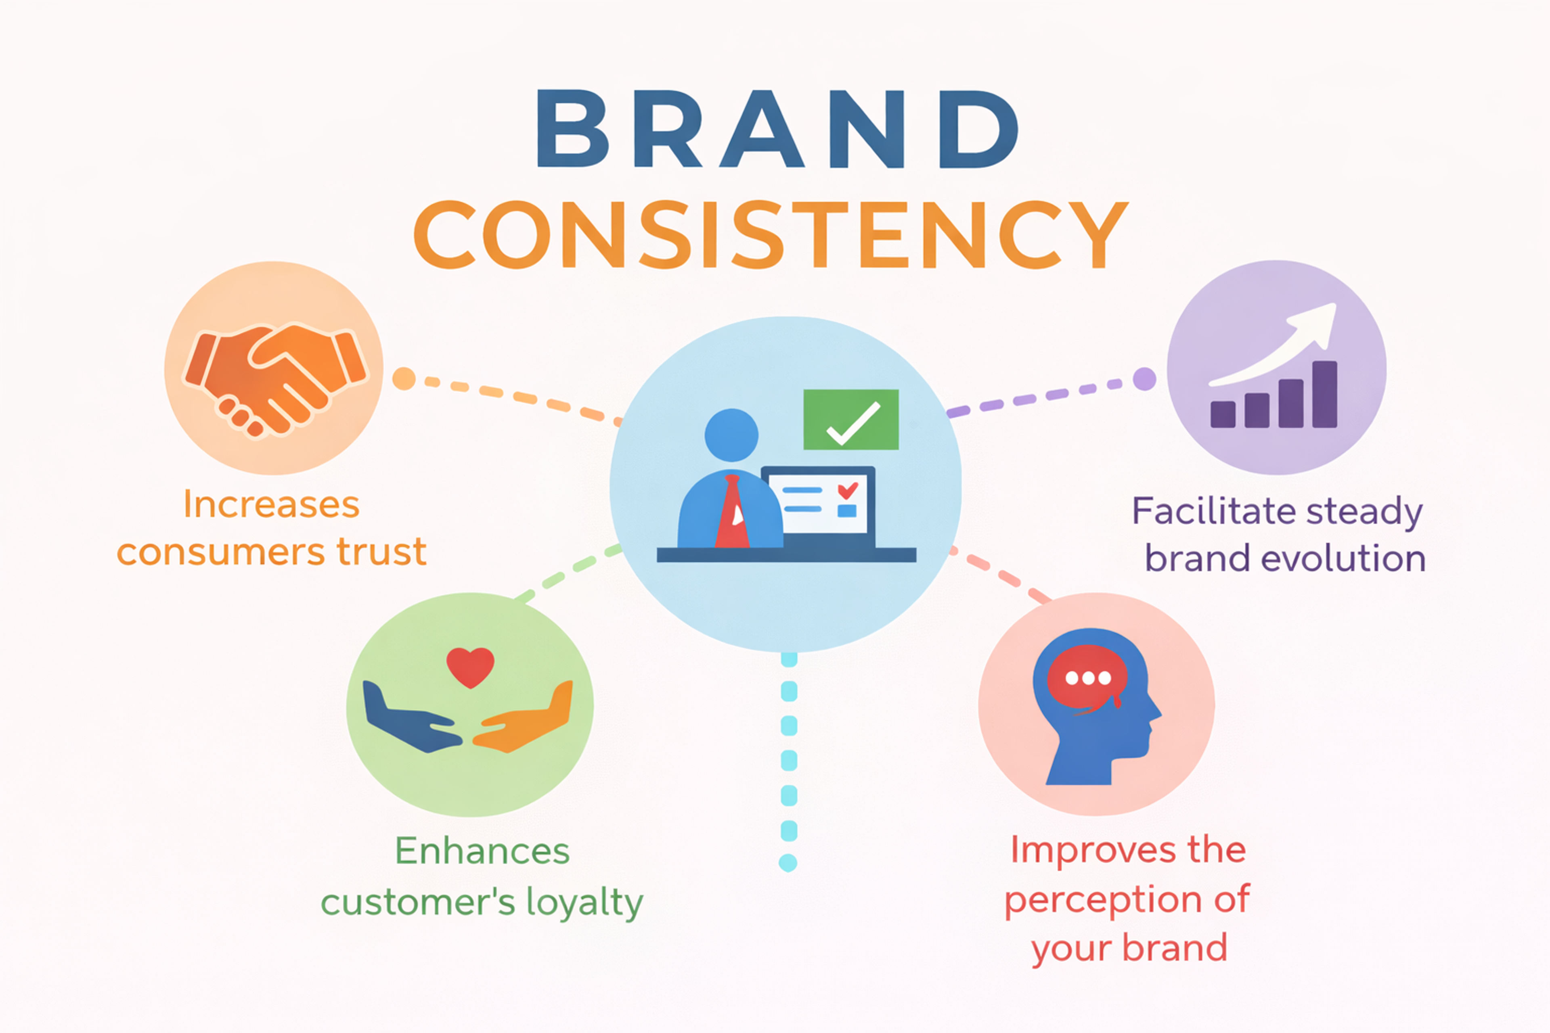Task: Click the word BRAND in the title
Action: click(778, 129)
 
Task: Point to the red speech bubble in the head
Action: click(1087, 679)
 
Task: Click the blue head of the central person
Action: click(731, 435)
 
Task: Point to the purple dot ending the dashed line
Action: click(1144, 379)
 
